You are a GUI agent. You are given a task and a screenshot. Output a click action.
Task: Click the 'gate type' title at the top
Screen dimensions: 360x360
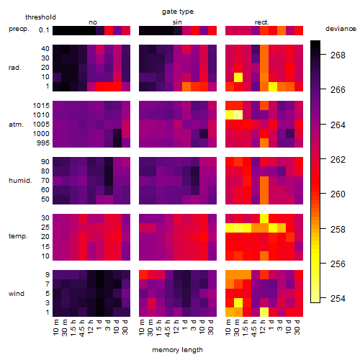(x=178, y=12)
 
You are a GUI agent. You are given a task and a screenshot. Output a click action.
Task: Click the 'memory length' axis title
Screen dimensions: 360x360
(x=177, y=350)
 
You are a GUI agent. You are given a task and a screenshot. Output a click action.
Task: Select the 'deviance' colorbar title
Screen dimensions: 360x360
(x=341, y=29)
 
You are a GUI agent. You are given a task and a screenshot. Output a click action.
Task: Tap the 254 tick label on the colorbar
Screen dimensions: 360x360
(x=338, y=299)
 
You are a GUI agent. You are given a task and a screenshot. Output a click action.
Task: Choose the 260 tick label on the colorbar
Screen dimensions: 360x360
(x=338, y=194)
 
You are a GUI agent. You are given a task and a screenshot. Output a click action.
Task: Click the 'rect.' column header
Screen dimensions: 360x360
(x=262, y=22)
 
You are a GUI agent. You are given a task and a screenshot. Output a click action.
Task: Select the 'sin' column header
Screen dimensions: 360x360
(x=177, y=22)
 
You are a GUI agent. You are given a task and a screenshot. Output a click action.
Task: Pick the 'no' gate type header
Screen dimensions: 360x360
(x=93, y=22)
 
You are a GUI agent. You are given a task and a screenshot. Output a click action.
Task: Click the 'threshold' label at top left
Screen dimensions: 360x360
(x=40, y=17)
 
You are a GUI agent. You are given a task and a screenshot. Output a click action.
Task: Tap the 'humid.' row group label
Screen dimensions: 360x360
(x=20, y=181)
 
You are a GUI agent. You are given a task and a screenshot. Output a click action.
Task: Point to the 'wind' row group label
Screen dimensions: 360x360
(x=17, y=294)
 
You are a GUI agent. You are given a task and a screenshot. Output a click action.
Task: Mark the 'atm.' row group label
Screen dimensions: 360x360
(x=16, y=125)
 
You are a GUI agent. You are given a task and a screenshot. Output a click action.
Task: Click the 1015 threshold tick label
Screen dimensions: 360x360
(x=41, y=106)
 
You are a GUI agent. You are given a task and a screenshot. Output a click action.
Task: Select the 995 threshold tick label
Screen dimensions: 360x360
(x=43, y=143)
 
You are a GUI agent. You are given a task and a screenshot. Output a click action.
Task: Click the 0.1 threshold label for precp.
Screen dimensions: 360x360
(x=44, y=30)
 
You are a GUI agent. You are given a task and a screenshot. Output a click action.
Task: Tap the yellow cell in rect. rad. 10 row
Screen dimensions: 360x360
(x=238, y=77)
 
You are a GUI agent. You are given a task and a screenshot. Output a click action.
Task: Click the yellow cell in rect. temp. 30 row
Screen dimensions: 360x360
(x=264, y=218)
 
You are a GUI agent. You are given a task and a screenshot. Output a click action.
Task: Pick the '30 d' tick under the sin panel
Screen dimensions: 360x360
(x=211, y=328)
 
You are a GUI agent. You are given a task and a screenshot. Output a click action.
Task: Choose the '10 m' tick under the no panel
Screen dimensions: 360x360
(x=55, y=328)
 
